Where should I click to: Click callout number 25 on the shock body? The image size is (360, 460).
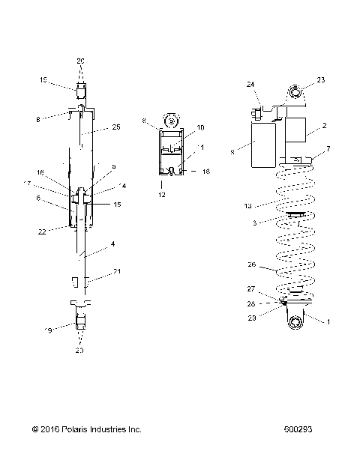(115, 128)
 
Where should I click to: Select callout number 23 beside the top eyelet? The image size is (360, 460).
(321, 80)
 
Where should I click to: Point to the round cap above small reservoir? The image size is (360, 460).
(172, 120)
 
